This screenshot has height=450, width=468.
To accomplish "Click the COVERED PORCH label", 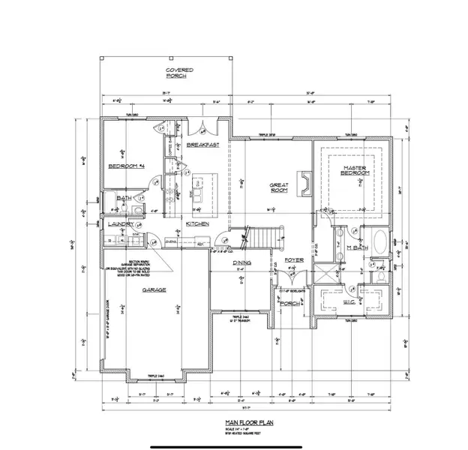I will [x=179, y=72].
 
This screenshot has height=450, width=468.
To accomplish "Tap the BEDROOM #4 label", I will [x=127, y=166].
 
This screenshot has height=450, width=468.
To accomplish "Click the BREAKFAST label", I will [x=202, y=144].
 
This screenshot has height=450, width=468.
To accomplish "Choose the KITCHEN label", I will [x=197, y=223].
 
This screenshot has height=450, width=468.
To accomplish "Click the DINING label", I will [x=241, y=262].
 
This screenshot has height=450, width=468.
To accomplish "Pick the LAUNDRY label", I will [x=120, y=224].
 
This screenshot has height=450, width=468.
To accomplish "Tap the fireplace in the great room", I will [x=303, y=182].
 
